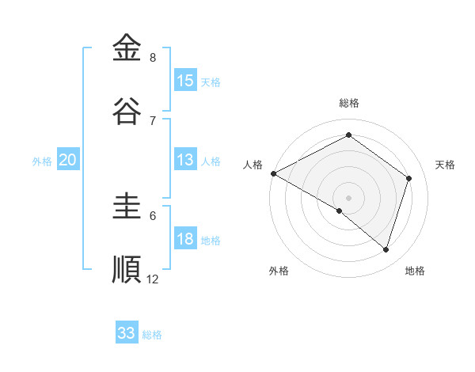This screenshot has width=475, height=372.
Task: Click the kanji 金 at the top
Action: (x=127, y=47)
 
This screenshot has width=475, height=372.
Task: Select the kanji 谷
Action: (x=127, y=111)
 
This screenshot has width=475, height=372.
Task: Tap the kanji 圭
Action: (x=127, y=207)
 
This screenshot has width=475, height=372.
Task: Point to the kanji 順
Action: (x=127, y=269)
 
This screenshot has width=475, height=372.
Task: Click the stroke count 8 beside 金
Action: (x=153, y=58)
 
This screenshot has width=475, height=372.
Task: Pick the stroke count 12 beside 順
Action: (x=153, y=279)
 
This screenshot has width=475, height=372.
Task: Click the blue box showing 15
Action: (x=185, y=81)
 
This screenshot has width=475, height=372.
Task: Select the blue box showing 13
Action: (x=185, y=160)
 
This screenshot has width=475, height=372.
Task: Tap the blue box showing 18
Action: (x=185, y=240)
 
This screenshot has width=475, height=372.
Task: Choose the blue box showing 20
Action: (x=68, y=160)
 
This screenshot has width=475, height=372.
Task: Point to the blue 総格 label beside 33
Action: (x=152, y=335)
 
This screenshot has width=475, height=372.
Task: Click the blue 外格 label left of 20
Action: (x=42, y=161)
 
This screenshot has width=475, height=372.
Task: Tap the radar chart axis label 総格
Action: (x=349, y=103)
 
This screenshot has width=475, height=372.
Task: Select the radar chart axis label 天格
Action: (x=445, y=165)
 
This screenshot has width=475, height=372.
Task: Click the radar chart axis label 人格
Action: (x=253, y=165)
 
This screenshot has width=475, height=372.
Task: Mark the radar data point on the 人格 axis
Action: (x=273, y=173)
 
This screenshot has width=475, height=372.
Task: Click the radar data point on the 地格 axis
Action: (x=386, y=249)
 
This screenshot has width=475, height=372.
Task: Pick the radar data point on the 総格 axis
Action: (x=348, y=135)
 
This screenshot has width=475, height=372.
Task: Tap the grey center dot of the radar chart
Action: (x=348, y=197)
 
